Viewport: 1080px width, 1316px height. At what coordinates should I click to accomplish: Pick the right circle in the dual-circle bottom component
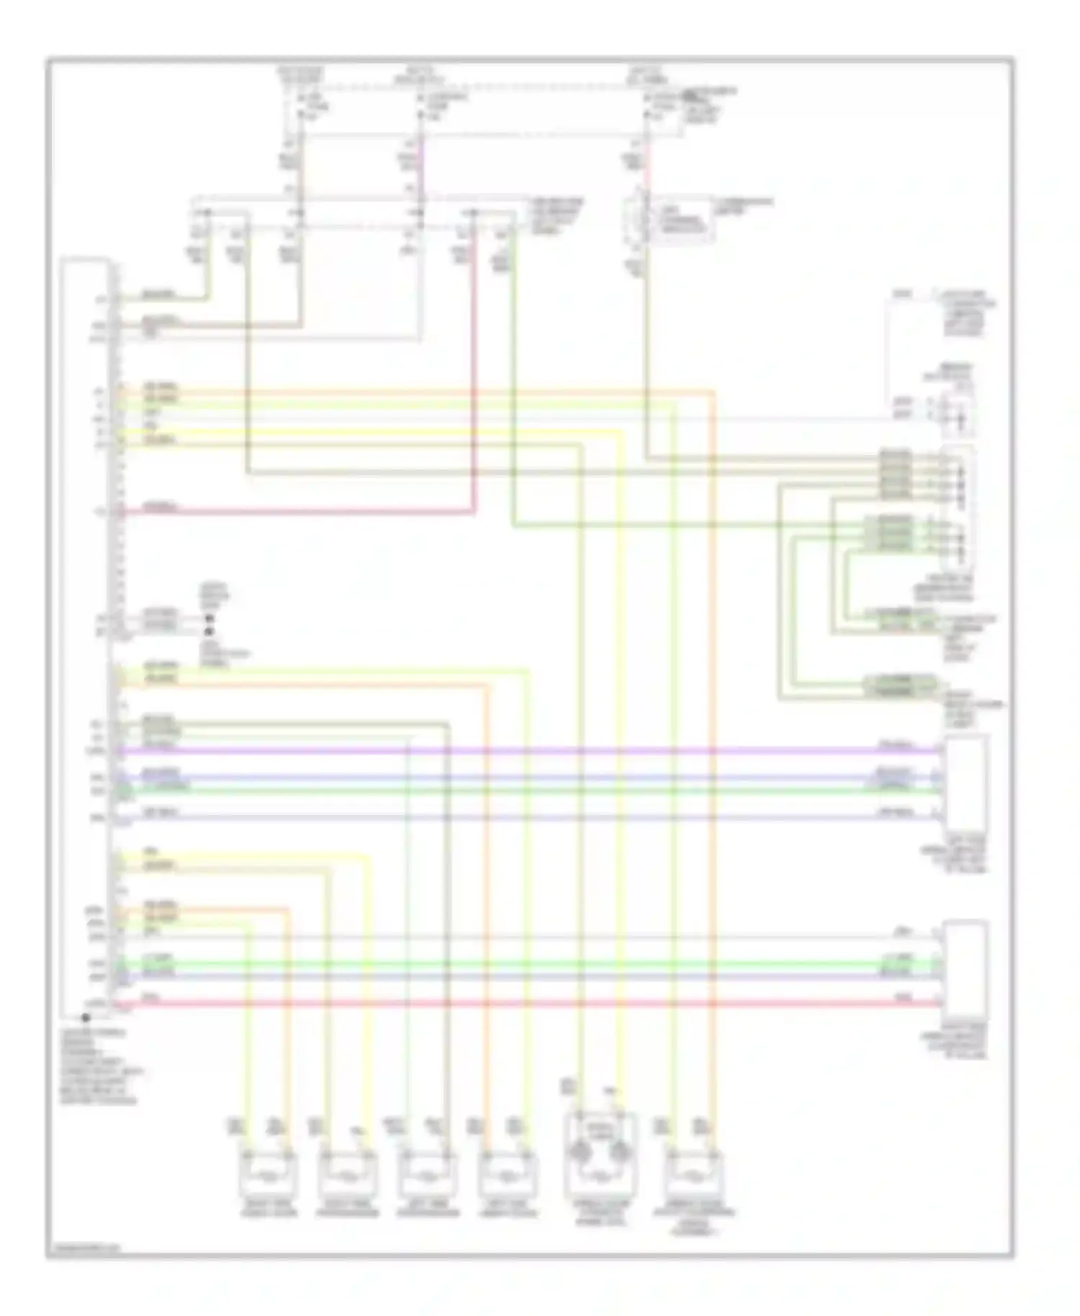[618, 1152]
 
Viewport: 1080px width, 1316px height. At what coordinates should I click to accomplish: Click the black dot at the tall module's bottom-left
[85, 1018]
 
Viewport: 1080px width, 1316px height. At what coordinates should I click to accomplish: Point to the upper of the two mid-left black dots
[210, 618]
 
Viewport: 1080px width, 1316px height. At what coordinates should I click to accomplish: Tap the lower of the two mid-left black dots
[210, 631]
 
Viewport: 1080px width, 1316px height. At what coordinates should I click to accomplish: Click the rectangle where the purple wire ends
[967, 783]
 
